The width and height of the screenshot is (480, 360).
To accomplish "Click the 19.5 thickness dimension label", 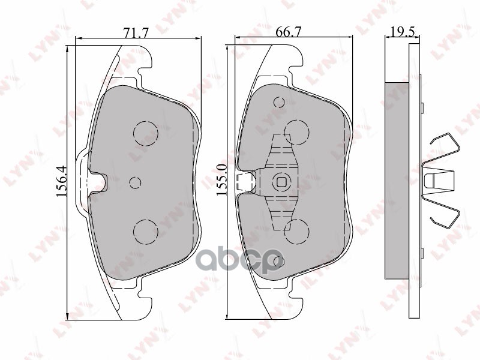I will pyautogui.click(x=399, y=34).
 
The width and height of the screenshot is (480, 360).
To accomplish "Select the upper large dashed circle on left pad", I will pyautogui.click(x=145, y=133).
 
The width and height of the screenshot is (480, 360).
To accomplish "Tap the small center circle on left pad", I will pyautogui.click(x=134, y=182).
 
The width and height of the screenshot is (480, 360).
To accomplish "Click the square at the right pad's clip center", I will pyautogui.click(x=281, y=182).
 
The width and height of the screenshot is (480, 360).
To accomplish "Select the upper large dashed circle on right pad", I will pyautogui.click(x=296, y=132).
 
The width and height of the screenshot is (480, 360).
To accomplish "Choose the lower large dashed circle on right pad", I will pyautogui.click(x=296, y=231).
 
